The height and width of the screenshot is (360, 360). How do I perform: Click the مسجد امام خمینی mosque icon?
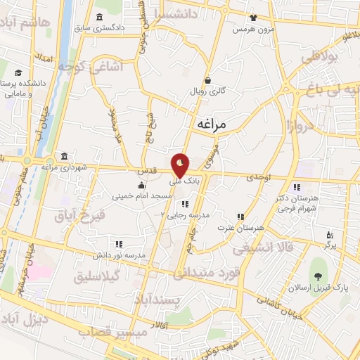(142, 184)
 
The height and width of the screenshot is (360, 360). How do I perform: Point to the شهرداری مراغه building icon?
(65, 155)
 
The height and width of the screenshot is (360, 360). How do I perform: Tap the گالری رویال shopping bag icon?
(207, 80)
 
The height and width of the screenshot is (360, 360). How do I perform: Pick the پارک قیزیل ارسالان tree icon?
(320, 269)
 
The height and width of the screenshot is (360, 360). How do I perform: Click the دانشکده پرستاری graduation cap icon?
(18, 72)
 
